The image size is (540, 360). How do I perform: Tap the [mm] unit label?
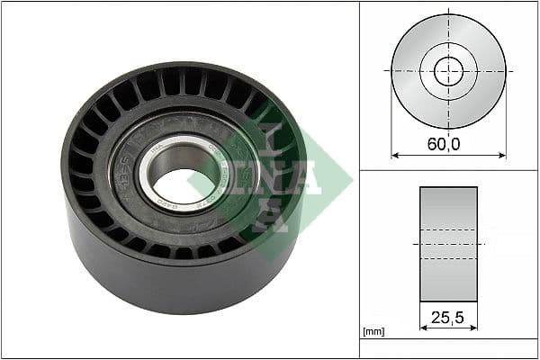[373, 332]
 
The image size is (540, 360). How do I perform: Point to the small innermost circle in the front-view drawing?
[448, 70]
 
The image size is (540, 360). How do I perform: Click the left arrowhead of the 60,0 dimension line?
[394, 155]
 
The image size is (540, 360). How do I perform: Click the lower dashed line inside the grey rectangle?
[448, 259]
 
